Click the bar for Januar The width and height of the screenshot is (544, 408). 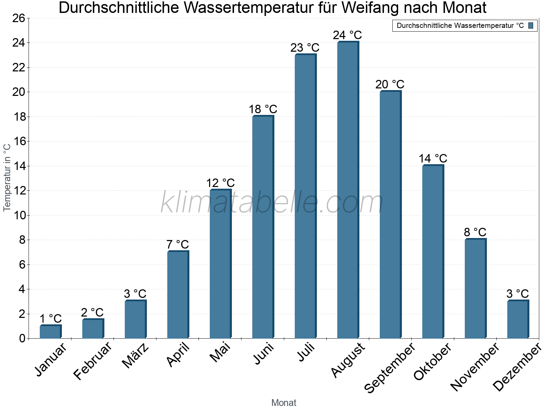coord(50,332)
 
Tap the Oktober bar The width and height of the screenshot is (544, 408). coord(433,252)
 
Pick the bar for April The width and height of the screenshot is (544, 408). coord(178,294)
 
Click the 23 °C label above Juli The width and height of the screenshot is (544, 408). coord(305,48)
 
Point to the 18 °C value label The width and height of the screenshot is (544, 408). coord(263,109)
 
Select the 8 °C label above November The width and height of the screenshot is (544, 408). coord(475,232)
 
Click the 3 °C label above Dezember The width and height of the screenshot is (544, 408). coord(517,294)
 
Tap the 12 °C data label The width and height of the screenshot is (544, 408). coord(220,183)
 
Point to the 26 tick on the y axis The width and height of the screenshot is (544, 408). coord(19,18)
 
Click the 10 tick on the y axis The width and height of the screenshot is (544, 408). coord(19,216)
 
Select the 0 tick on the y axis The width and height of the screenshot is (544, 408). coord(22,339)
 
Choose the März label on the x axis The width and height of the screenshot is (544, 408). coord(136,356)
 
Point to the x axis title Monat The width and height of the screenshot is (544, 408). coord(284,403)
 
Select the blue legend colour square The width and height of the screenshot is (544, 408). coord(531,26)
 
